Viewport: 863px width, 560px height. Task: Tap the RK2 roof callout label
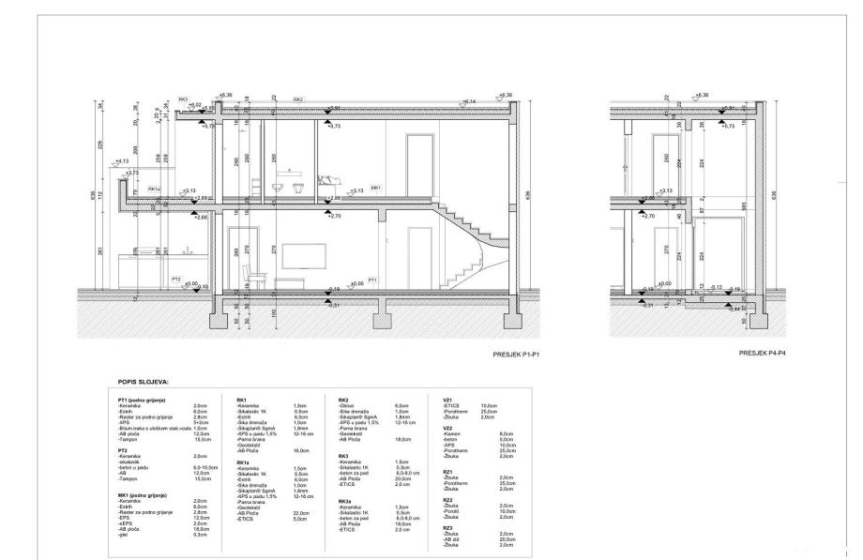pos(298,99)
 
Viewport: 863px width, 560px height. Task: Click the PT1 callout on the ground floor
pos(372,280)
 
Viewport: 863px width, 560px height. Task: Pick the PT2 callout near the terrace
pos(176,280)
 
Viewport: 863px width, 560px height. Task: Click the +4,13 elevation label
pos(122,161)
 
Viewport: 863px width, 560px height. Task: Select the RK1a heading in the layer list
pos(243,462)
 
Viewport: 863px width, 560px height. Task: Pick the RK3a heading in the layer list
pos(346,502)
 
